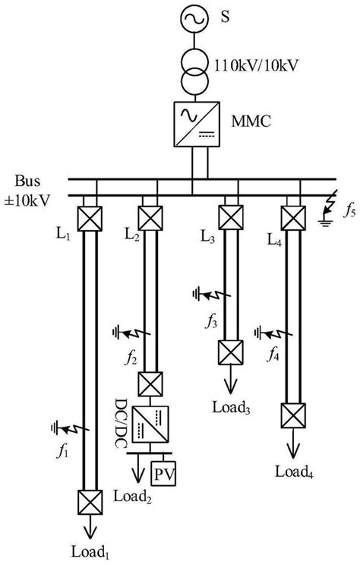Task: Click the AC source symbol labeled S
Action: click(192, 20)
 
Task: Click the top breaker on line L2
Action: click(149, 218)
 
